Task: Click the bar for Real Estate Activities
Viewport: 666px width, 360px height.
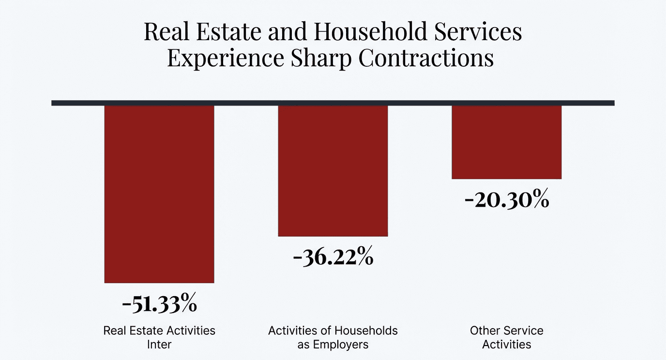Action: (159, 194)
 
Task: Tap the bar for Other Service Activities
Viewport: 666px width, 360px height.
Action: (506, 142)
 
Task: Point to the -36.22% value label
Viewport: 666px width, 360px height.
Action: (333, 257)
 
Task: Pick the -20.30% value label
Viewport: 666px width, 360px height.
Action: (506, 200)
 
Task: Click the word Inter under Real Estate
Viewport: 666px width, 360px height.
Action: (159, 345)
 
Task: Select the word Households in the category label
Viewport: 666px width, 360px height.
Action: (369, 331)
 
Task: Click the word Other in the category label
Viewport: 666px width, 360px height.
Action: (484, 331)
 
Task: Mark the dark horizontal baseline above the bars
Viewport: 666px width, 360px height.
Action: (333, 103)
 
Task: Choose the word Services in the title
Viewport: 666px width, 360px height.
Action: (484, 32)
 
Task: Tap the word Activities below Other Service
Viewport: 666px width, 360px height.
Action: (506, 345)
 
